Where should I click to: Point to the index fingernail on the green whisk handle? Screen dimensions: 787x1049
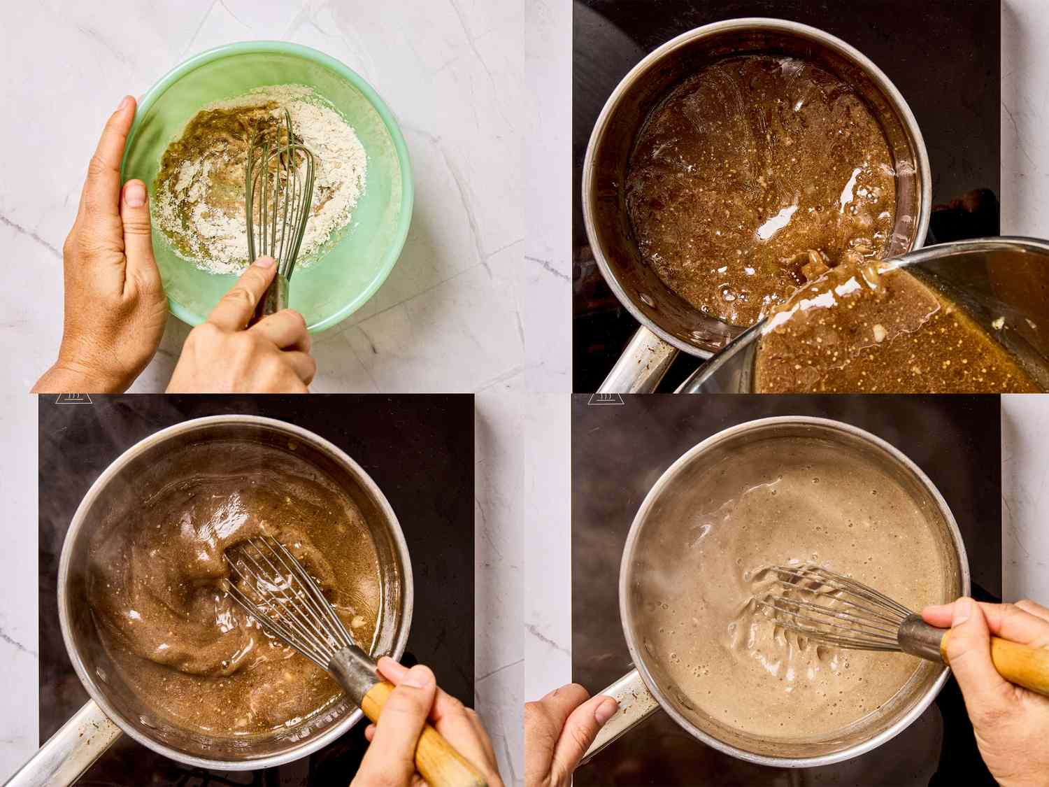(x=264, y=263)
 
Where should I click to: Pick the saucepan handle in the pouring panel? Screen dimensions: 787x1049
(x=633, y=360)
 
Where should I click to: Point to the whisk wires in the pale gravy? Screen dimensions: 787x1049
(x=818, y=602)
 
